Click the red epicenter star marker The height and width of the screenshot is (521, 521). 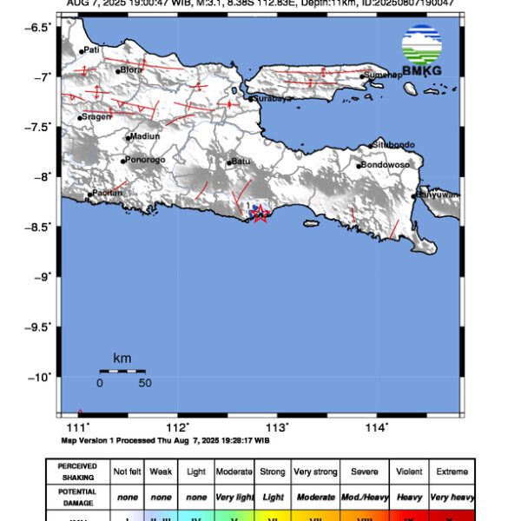259,214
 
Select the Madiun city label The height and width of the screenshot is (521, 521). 144,136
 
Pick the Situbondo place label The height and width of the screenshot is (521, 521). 394,144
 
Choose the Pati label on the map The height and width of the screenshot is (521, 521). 91,50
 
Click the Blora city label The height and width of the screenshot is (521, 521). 131,70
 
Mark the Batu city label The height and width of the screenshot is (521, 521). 241,162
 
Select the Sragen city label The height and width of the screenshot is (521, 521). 96,116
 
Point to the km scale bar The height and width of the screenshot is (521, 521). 122,371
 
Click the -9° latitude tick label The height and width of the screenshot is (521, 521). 40,276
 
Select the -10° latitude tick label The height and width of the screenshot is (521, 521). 38,377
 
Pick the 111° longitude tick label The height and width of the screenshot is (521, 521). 79,427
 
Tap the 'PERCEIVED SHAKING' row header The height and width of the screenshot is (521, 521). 77,472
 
